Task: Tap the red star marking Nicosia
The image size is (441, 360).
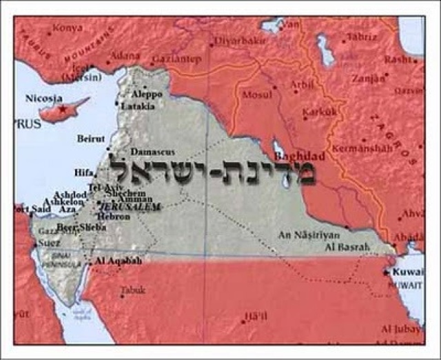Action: click(63, 109)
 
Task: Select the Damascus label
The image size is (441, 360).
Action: click(153, 152)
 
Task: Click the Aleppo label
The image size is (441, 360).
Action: click(147, 94)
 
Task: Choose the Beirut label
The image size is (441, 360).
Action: click(91, 139)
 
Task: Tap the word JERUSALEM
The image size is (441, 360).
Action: click(130, 206)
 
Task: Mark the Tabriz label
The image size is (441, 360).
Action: click(363, 36)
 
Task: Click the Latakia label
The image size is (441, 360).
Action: click(138, 107)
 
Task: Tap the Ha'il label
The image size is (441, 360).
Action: click(253, 317)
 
